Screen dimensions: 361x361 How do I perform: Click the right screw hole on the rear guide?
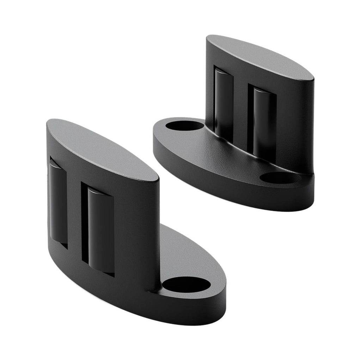pos(279,177)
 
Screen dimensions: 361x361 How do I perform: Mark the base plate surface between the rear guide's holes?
pos(226,155)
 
